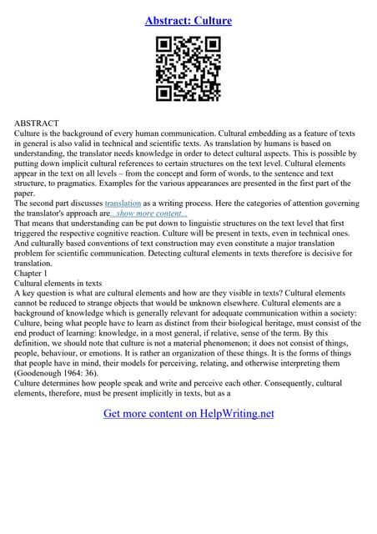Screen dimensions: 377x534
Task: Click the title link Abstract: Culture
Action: pyautogui.click(x=188, y=20)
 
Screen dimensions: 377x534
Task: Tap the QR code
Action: pyautogui.click(x=188, y=72)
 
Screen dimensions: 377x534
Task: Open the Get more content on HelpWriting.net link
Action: pyautogui.click(x=188, y=413)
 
